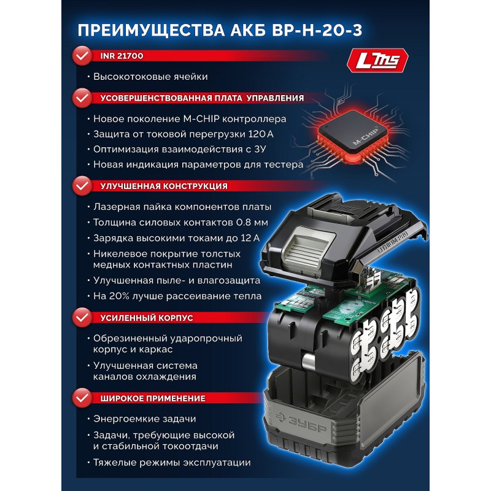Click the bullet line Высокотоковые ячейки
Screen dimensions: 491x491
click(150, 77)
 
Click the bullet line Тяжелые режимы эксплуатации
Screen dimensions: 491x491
click(172, 463)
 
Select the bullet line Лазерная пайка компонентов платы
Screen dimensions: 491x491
click(182, 207)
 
